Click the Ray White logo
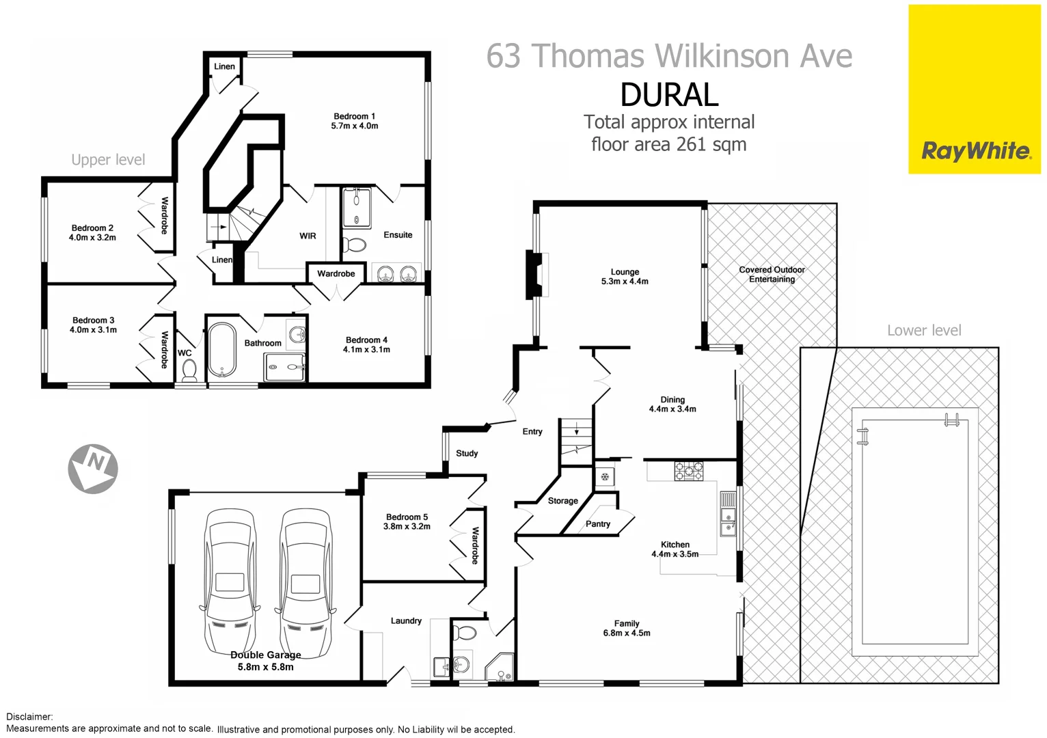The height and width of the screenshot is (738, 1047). pos(975,151)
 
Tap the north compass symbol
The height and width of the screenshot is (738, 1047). pos(93,469)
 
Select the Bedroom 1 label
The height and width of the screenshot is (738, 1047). pos(354,117)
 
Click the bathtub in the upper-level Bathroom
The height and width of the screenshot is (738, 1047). pos(221,349)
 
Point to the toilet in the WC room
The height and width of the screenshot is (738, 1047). pos(189,370)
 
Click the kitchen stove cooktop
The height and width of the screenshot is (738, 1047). pos(688,471)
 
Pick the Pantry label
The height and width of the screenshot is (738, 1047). pos(598,524)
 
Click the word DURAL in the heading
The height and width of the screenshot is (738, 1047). pos(669,95)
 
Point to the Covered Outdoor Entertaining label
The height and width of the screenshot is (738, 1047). pos(772,274)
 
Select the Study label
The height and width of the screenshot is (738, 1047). pos(467,453)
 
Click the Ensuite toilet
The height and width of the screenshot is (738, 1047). pos(354,244)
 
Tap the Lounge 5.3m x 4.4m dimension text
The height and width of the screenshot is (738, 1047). pos(625,282)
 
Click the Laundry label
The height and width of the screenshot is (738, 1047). pos(406,621)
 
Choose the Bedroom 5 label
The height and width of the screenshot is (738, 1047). pos(407,517)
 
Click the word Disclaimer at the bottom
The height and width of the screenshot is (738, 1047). pos(29,717)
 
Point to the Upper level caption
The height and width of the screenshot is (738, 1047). pos(108,160)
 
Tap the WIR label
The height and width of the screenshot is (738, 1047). pos(308,236)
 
